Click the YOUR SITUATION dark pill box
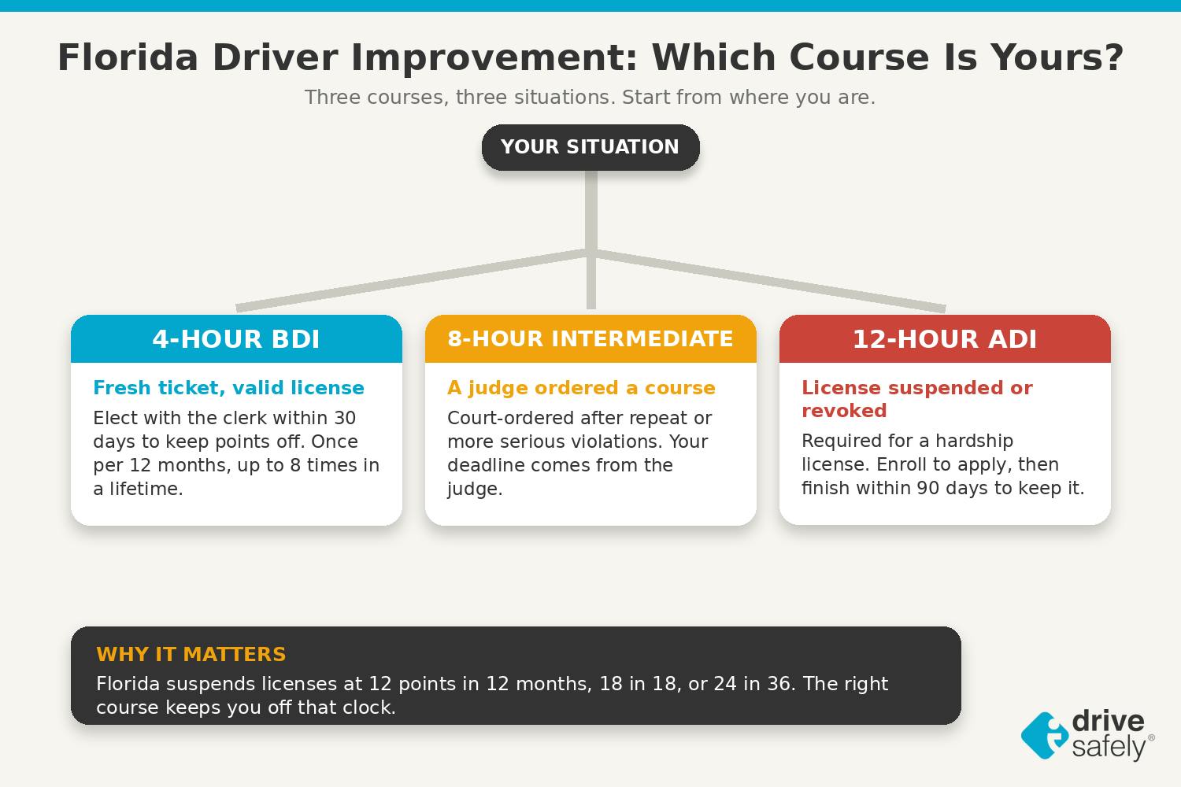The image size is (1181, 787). click(x=590, y=147)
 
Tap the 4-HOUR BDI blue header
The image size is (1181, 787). click(x=236, y=338)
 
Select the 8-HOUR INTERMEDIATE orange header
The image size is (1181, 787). click(x=590, y=338)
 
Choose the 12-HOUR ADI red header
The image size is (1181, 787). click(x=945, y=338)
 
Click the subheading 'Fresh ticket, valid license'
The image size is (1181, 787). click(x=229, y=388)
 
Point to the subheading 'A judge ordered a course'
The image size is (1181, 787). click(x=581, y=388)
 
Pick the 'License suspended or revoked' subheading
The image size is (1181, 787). click(x=917, y=399)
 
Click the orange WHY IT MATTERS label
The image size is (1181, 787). click(x=191, y=654)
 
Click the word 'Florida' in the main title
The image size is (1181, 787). click(x=128, y=57)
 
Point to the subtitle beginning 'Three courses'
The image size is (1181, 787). click(x=590, y=98)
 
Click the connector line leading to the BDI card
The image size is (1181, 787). click(x=414, y=280)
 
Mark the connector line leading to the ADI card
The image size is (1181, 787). click(x=768, y=280)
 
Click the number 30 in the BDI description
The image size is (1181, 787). click(x=345, y=418)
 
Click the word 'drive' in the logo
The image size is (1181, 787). click(x=1109, y=721)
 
